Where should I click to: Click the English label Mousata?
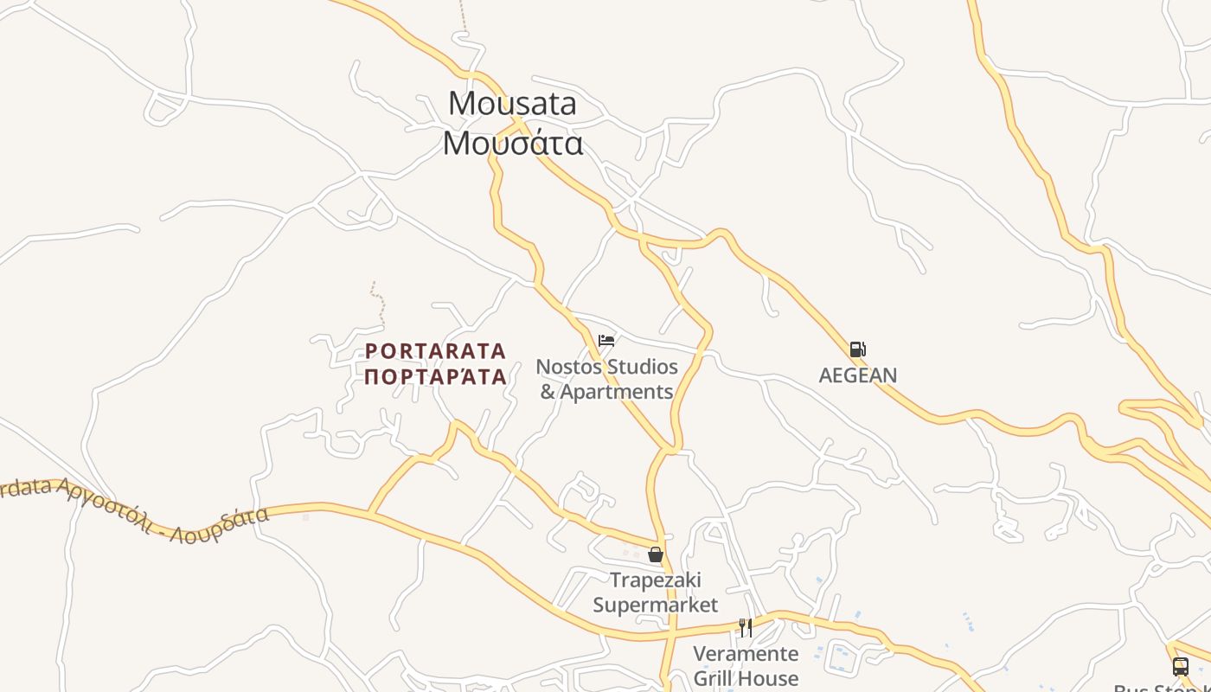click(512, 104)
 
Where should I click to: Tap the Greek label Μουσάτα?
click(512, 143)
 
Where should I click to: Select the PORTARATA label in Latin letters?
click(435, 351)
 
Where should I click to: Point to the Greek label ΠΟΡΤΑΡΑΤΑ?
click(435, 377)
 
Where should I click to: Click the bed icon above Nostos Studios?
click(606, 340)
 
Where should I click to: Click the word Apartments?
click(617, 392)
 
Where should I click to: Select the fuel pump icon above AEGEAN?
click(857, 349)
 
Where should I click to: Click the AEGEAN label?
click(858, 375)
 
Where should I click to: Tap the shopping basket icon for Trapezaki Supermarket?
click(656, 554)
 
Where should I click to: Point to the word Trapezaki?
click(655, 580)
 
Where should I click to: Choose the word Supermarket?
click(655, 605)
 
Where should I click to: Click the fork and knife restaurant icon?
click(746, 627)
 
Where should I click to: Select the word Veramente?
click(746, 653)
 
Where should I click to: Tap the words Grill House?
click(746, 678)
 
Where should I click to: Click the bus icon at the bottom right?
click(1180, 666)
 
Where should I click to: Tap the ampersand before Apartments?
click(548, 392)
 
